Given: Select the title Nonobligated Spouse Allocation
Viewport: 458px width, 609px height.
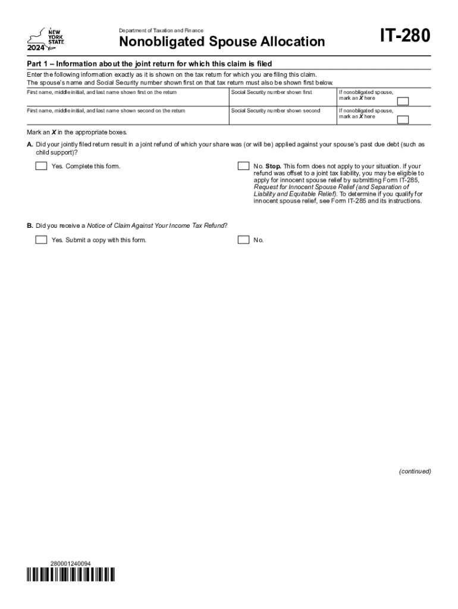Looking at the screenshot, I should [222, 42].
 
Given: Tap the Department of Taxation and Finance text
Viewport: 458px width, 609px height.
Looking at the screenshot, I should [161, 30].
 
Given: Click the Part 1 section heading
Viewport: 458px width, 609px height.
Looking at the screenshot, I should [149, 64].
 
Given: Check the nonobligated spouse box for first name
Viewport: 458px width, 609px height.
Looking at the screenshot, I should [403, 101].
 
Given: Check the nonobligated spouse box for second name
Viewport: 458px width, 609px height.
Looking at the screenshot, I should [403, 120].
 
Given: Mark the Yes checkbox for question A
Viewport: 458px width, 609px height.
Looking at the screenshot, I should [41, 166].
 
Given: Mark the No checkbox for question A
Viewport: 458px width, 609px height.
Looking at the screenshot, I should [243, 166].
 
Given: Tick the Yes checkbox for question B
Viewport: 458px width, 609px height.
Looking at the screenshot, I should [41, 240].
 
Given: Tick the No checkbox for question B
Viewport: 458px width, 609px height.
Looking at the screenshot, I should [243, 240].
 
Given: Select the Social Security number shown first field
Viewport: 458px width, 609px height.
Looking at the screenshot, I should [283, 100].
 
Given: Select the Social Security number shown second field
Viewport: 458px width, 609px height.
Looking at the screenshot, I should [283, 118].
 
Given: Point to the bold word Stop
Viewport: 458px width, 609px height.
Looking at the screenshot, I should [274, 166].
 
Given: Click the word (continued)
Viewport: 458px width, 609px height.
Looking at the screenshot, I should [415, 472].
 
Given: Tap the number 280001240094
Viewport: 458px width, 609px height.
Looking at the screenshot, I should [71, 563].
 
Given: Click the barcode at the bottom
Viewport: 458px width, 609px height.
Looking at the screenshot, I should [71, 575].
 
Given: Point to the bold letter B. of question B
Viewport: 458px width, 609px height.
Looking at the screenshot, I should [30, 225].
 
